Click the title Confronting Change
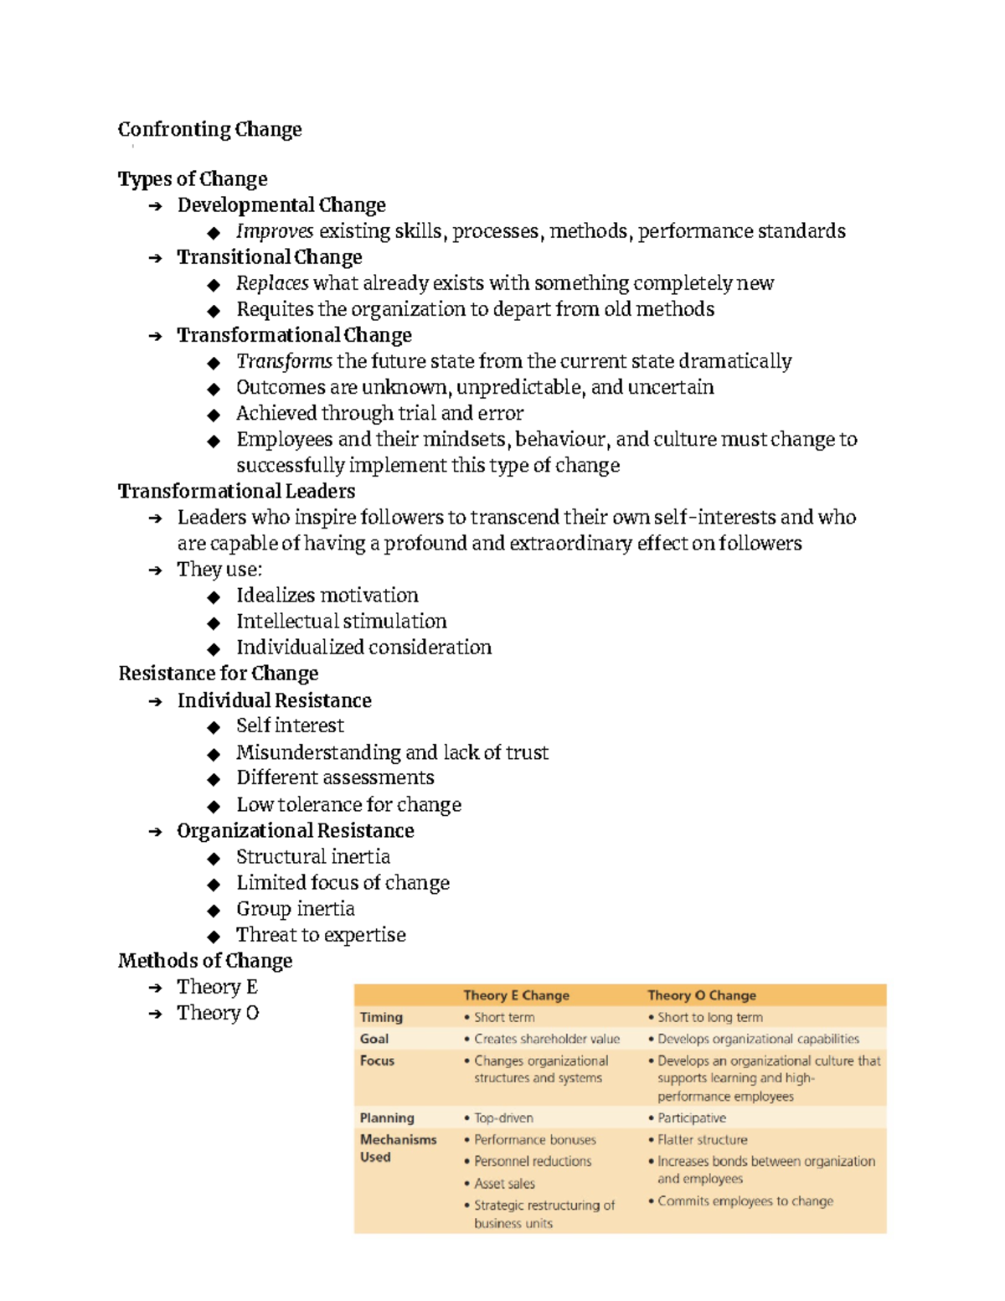pos(209,129)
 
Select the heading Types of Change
pos(193,179)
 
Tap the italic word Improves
pos(275,231)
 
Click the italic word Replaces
pos(272,283)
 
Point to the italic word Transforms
pos(284,361)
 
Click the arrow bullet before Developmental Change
pos(155,206)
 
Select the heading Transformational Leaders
pos(236,491)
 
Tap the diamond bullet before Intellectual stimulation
pos(214,622)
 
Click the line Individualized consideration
pos(363,648)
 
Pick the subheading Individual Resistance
pos(274,700)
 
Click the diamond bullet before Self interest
pos(214,727)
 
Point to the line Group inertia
pos(295,909)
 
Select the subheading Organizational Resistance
pos(295,831)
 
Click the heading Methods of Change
pos(205,961)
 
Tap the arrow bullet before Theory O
pos(155,1014)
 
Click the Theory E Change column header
pos(516,995)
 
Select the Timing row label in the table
pos(381,1017)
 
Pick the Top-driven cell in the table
pos(503,1118)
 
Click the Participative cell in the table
pos(691,1118)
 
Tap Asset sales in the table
pos(504,1183)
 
